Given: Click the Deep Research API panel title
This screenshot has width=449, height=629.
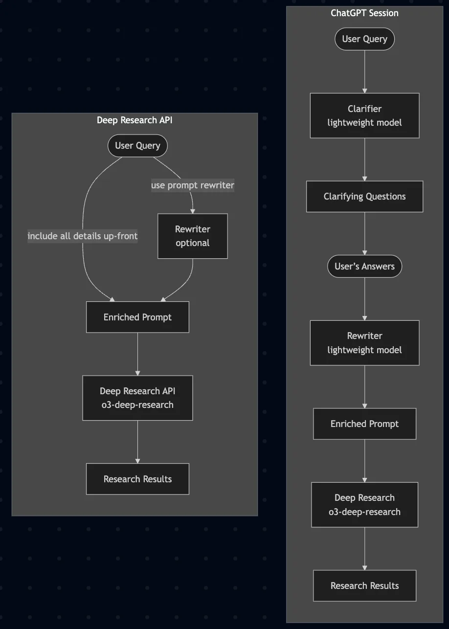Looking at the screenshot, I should tap(135, 120).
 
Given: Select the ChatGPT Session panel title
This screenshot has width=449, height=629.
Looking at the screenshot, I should tap(364, 13).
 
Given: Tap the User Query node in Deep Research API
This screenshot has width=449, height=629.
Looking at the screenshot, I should tap(137, 146).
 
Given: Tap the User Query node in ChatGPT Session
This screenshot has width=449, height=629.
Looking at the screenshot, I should tap(364, 39).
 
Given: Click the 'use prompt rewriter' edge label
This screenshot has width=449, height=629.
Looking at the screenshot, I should tap(192, 185).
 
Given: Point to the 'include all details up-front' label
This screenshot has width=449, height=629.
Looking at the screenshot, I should tap(82, 236).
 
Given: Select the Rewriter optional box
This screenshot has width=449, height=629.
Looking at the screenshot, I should tap(192, 236).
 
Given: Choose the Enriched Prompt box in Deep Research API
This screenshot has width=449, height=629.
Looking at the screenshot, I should tap(137, 317).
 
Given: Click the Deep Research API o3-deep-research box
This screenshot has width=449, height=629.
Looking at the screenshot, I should tap(137, 398).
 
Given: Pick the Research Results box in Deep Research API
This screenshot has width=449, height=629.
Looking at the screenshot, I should tap(137, 479).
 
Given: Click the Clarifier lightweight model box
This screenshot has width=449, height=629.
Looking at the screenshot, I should tap(364, 115).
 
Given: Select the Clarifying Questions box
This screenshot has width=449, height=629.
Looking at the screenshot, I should tap(364, 197).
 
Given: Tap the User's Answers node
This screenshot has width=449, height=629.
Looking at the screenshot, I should tap(364, 267).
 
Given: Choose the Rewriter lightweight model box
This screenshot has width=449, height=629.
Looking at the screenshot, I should tap(364, 343).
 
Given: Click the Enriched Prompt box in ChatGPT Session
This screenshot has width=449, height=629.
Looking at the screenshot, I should tap(364, 424).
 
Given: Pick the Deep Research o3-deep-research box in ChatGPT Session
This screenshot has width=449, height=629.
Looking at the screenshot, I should tap(364, 505).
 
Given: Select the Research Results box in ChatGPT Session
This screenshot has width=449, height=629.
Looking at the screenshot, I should tap(364, 585).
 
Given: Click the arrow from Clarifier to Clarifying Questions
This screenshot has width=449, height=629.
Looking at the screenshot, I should tap(364, 159).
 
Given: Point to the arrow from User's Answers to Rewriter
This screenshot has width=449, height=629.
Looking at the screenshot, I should tap(364, 299).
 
